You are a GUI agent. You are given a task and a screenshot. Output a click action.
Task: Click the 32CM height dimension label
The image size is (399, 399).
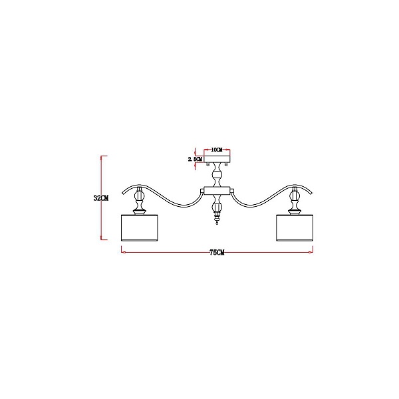tap(101, 198)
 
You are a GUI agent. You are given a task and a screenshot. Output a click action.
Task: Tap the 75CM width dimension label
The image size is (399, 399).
tap(217, 253)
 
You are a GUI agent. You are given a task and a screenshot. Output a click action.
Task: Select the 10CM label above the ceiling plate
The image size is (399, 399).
tap(217, 150)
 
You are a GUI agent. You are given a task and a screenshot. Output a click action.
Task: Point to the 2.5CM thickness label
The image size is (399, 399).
tap(195, 159)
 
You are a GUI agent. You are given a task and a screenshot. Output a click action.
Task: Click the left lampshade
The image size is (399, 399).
tap(140, 227)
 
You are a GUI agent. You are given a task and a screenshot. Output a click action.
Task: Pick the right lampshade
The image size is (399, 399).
tap(295, 227)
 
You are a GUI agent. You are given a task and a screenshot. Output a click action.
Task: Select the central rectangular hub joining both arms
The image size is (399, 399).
tap(217, 190)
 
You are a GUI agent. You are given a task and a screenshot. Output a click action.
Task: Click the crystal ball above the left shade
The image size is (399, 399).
tap(139, 196)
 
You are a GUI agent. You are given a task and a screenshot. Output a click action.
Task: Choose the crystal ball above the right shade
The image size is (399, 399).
tap(295, 196)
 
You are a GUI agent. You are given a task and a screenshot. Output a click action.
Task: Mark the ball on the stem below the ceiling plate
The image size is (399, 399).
tap(217, 175)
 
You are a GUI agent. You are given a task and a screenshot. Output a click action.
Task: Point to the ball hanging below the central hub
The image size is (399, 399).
tap(217, 207)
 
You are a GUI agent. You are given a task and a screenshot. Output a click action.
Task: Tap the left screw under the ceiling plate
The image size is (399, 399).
tap(208, 164)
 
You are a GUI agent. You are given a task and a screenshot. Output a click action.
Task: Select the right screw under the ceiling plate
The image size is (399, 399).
tap(226, 164)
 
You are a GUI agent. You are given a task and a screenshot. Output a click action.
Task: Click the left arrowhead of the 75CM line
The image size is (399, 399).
tap(123, 253)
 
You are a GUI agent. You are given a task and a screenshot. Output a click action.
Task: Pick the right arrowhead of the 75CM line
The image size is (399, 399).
tap(311, 253)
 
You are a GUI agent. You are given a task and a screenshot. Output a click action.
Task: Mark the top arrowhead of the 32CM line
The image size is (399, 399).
tap(102, 158)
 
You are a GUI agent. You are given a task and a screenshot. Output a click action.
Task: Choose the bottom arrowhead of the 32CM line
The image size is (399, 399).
tap(102, 237)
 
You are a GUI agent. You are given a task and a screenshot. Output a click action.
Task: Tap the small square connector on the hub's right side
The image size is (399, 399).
tap(232, 190)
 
